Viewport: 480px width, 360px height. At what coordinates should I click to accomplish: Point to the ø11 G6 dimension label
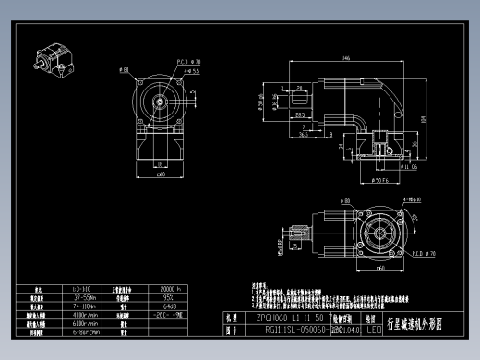(382, 168)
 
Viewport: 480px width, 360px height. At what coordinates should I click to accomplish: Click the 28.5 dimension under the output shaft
(300, 115)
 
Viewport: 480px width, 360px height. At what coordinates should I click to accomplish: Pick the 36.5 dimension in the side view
(306, 132)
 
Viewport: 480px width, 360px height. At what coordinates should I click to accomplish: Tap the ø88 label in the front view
(124, 69)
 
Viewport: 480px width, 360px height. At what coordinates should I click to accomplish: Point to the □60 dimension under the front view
(161, 174)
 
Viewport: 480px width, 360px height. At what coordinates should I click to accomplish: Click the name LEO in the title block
(373, 328)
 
